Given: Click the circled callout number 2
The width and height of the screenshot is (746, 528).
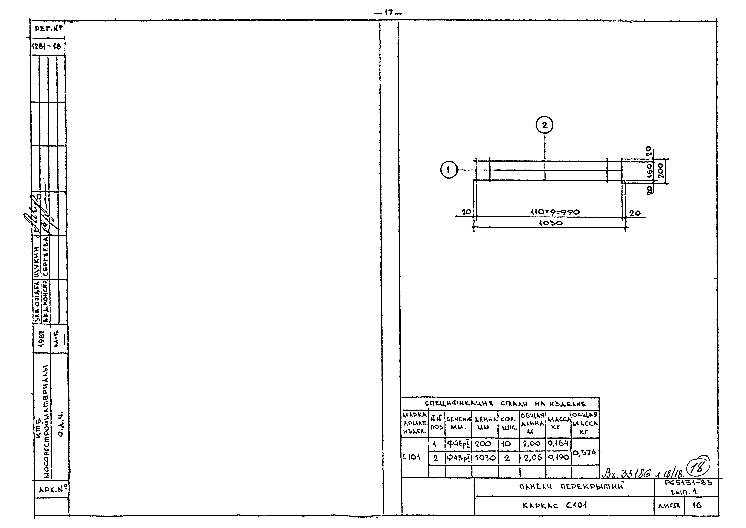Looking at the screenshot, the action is (545, 125).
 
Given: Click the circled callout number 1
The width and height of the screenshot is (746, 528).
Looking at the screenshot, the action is (449, 170).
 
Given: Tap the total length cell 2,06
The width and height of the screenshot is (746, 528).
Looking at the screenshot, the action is (532, 458).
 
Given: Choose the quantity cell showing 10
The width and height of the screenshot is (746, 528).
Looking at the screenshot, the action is (507, 443).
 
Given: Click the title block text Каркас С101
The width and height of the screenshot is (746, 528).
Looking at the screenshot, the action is (555, 506).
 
